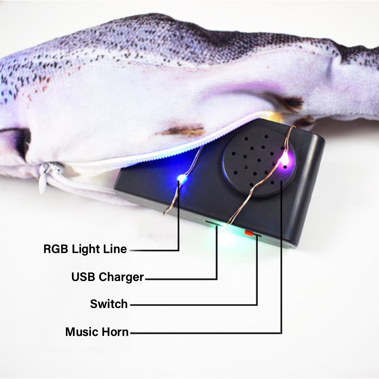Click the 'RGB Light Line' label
pos(85,249)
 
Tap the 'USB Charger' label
pos(108,277)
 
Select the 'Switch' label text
pos(109,304)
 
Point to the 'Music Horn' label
pos(97,332)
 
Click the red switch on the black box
pos(248,233)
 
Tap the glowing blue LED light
pos(181,179)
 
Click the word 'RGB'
pos(55,249)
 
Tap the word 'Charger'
pos(121,277)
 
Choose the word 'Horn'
pos(115,332)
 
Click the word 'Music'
pos(81,332)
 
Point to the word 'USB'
pos(83,277)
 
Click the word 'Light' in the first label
pos(86,249)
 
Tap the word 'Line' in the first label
pos(115,249)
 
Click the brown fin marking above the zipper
pos(182,130)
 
